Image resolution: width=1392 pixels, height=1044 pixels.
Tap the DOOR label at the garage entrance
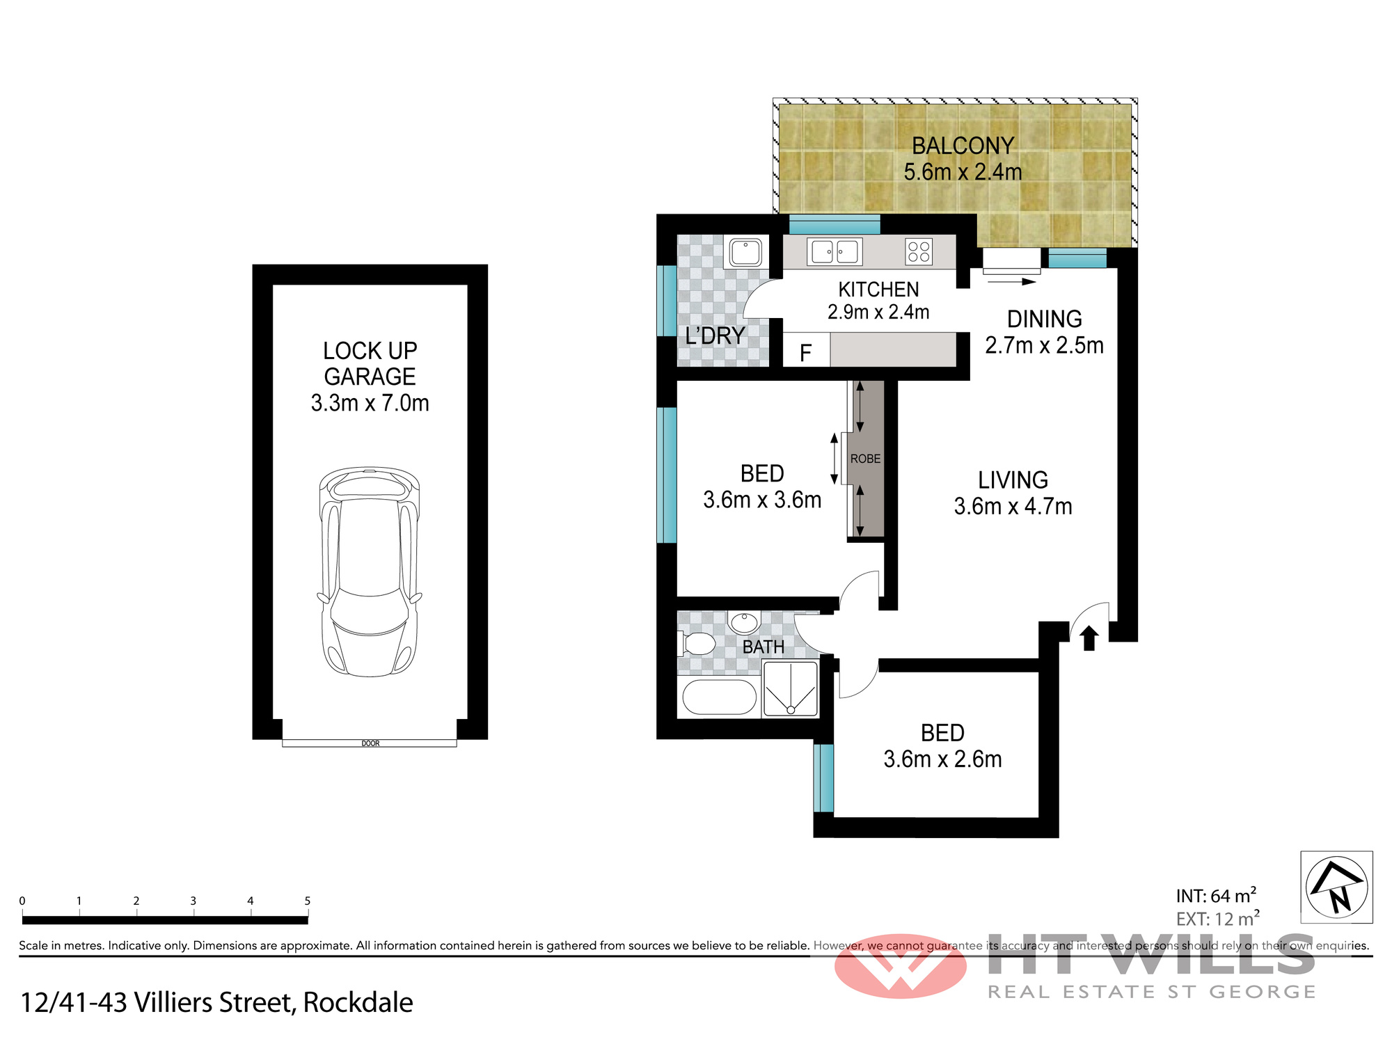[x=370, y=743]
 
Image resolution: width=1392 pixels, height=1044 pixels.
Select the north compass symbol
[x=1336, y=887]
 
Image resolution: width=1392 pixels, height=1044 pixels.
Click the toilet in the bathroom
[x=697, y=643]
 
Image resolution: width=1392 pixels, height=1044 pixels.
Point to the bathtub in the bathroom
[x=719, y=697]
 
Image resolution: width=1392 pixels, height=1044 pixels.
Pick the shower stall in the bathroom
[x=791, y=689]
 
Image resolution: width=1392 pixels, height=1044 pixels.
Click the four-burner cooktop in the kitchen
[x=919, y=251]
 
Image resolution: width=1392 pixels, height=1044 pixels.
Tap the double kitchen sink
[x=835, y=251]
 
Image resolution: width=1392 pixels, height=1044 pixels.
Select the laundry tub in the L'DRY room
[x=745, y=251]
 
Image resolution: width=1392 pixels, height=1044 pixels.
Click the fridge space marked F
[x=806, y=349]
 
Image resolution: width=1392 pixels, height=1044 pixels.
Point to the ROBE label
[x=865, y=459]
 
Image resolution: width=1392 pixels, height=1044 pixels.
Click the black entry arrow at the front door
[x=1089, y=638]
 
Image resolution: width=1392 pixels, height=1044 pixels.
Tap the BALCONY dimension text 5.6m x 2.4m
[x=963, y=171]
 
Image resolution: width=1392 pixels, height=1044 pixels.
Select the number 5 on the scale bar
[x=307, y=901]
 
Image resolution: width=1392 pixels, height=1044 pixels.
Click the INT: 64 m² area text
[x=1216, y=895]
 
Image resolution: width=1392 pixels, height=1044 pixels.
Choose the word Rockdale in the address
[x=358, y=1002]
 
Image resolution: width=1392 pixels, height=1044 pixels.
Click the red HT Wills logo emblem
[x=901, y=966]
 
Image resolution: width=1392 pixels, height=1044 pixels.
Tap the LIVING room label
[x=1013, y=480]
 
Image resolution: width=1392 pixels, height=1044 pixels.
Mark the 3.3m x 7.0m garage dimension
[x=370, y=403]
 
